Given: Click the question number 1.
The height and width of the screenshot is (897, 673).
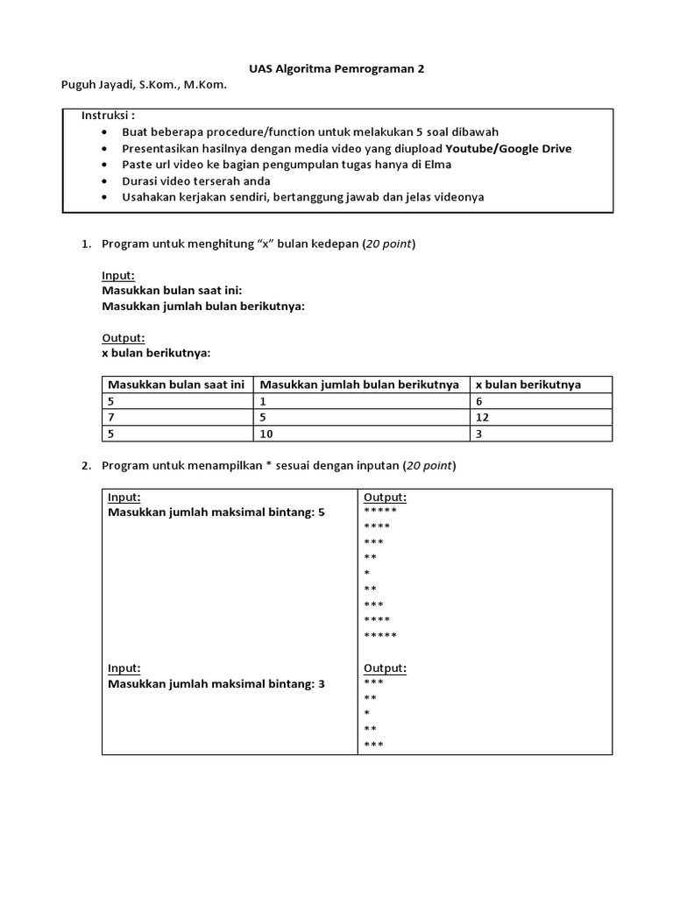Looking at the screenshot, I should pos(86,244).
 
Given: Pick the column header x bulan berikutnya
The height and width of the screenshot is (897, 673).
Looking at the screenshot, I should pos(528,385).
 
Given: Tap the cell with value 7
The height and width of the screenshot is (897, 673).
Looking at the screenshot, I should pos(110,417).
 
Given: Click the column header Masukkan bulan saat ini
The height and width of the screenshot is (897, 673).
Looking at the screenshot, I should pos(175,385).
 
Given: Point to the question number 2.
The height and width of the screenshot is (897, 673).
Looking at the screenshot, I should pos(86,466).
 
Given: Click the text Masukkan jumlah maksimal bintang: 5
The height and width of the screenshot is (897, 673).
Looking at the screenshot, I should pos(216,512).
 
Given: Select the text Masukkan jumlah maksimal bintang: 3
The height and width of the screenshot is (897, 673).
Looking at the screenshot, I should pos(216,683).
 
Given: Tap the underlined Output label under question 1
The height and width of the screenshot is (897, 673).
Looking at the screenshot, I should pos(124,337).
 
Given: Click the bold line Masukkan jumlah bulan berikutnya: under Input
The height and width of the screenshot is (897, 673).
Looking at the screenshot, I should pos(203,306).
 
